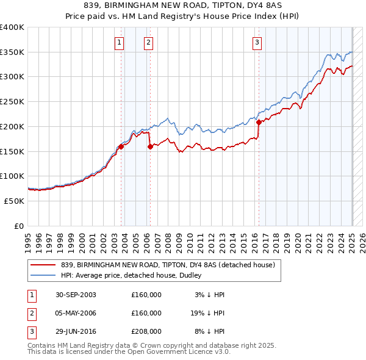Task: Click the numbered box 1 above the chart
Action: tap(118, 43)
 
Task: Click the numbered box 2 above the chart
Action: tap(148, 43)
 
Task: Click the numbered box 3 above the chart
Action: tap(257, 43)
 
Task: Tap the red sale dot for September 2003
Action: tap(121, 146)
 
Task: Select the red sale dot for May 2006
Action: tap(150, 146)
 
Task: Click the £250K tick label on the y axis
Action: tap(12, 102)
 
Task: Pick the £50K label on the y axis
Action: tap(13, 201)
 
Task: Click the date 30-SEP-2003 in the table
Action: tap(76, 295)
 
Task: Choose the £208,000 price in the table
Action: tap(146, 331)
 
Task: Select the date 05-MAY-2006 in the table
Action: tap(76, 313)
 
